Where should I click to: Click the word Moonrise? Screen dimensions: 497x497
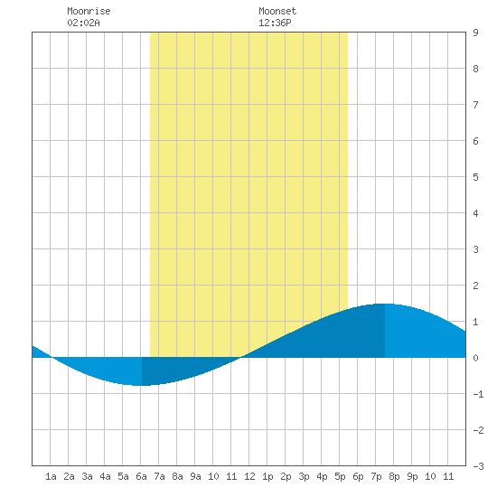click(89, 11)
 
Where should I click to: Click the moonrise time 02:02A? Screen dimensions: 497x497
click(83, 23)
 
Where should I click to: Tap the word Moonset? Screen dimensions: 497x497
click(277, 11)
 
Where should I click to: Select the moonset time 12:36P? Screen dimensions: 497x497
click(275, 23)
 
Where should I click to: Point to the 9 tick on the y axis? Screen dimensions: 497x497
click(475, 33)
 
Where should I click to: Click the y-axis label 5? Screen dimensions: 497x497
click(475, 177)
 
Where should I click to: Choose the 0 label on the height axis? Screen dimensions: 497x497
click(475, 358)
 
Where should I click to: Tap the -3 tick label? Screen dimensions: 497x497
click(478, 466)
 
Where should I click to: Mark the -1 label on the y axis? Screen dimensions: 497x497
click(478, 394)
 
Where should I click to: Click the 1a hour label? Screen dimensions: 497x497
click(51, 476)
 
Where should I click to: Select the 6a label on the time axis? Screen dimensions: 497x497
click(141, 476)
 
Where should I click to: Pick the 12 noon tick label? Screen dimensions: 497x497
click(249, 476)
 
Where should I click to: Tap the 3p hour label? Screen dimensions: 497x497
click(304, 476)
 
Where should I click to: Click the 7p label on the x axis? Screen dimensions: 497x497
click(376, 476)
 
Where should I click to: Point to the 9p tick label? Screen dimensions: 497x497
click(412, 476)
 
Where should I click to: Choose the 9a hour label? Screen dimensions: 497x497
click(195, 476)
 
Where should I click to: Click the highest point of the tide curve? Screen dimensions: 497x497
click(385, 304)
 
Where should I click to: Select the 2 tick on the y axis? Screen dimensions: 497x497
click(475, 286)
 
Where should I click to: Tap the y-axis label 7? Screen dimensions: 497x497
click(475, 105)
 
